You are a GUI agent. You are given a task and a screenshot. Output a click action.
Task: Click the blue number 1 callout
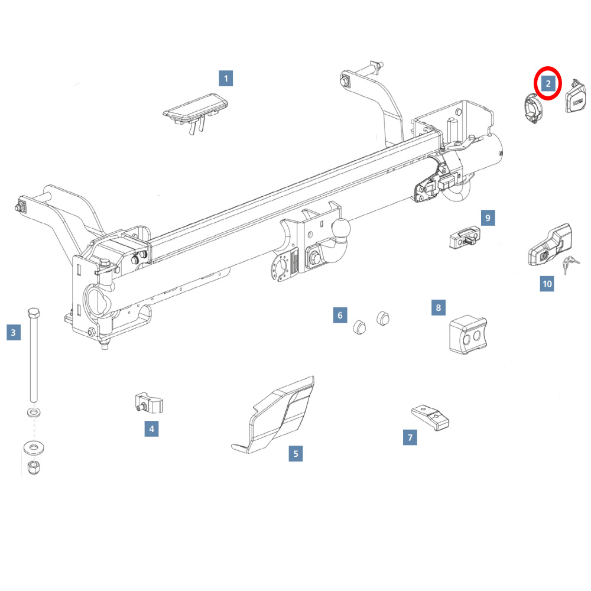tap(226, 79)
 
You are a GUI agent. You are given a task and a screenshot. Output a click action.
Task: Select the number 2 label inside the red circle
tap(548, 83)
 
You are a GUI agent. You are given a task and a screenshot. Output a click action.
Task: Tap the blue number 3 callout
tap(14, 332)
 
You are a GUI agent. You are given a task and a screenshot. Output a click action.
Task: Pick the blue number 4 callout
tap(151, 428)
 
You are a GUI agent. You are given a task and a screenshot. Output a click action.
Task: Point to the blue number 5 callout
tap(296, 454)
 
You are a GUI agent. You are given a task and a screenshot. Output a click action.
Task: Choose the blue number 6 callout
tap(340, 315)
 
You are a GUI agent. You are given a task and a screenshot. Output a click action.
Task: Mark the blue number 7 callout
tap(410, 437)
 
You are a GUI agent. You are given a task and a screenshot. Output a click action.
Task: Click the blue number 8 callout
tap(439, 307)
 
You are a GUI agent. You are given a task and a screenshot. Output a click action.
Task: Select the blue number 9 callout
tap(488, 218)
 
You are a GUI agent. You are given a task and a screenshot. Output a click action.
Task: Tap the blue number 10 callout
tap(547, 284)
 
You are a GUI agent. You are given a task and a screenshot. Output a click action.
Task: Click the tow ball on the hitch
tap(341, 228)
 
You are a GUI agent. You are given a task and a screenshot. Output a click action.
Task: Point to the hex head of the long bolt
tap(34, 313)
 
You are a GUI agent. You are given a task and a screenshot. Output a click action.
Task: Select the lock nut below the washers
tap(34, 467)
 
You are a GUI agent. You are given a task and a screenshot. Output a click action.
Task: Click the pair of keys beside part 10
tap(571, 264)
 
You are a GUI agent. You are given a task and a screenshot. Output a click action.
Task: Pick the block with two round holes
tap(468, 335)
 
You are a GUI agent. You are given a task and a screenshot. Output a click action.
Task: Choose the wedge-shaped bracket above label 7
tap(430, 417)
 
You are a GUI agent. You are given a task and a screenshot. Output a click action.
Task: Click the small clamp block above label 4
tap(148, 403)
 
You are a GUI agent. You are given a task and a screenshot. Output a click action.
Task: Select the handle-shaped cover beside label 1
tap(195, 111)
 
